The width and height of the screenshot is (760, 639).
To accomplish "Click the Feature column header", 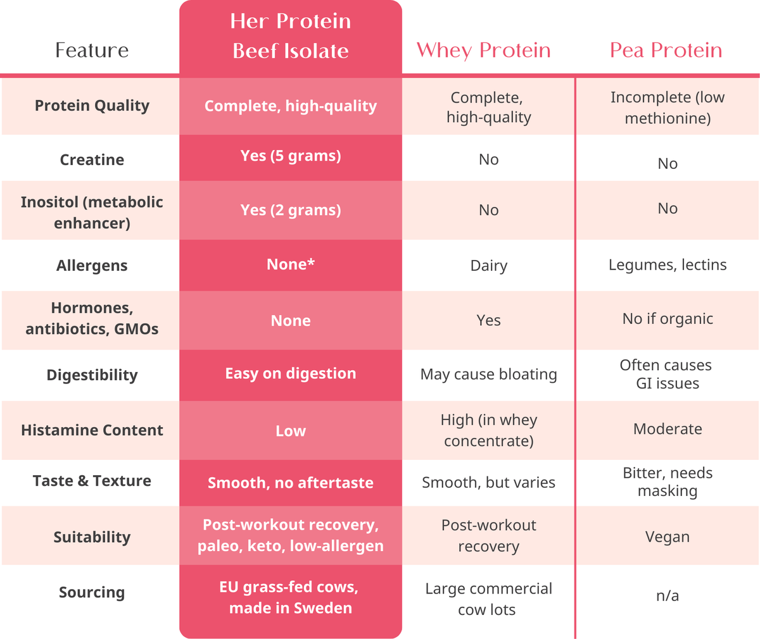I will click(x=92, y=50).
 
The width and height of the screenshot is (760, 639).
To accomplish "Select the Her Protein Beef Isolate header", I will click(x=291, y=36).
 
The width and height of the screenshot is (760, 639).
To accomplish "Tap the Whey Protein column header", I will click(x=484, y=50).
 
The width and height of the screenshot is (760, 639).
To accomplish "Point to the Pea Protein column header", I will click(x=666, y=50).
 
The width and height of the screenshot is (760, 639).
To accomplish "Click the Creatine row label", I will click(x=92, y=159).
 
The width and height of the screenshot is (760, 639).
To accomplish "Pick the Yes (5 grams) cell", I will click(x=291, y=156).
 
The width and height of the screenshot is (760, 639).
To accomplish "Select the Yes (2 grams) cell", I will click(x=291, y=210).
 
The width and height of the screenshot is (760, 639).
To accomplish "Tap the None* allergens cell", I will click(x=291, y=264).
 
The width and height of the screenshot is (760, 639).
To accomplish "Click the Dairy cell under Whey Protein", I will click(x=488, y=266).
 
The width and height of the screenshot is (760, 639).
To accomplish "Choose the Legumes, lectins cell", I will click(x=668, y=264).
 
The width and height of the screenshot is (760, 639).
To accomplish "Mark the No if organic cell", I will click(x=668, y=319).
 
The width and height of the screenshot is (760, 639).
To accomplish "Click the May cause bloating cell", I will click(x=488, y=375).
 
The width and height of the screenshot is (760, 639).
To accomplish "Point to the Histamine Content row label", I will click(x=92, y=430).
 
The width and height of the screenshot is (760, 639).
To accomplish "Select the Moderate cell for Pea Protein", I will click(x=668, y=429).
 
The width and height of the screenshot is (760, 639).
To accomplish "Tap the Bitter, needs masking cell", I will click(x=668, y=482).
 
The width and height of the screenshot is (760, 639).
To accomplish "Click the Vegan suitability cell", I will click(x=668, y=537).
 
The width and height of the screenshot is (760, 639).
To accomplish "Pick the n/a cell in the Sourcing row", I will click(x=668, y=595).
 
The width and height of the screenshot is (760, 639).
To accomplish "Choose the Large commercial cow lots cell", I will click(x=488, y=599).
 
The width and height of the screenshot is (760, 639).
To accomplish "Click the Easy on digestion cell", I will click(x=291, y=373).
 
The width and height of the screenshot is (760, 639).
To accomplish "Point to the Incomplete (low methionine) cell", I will click(x=668, y=108).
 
